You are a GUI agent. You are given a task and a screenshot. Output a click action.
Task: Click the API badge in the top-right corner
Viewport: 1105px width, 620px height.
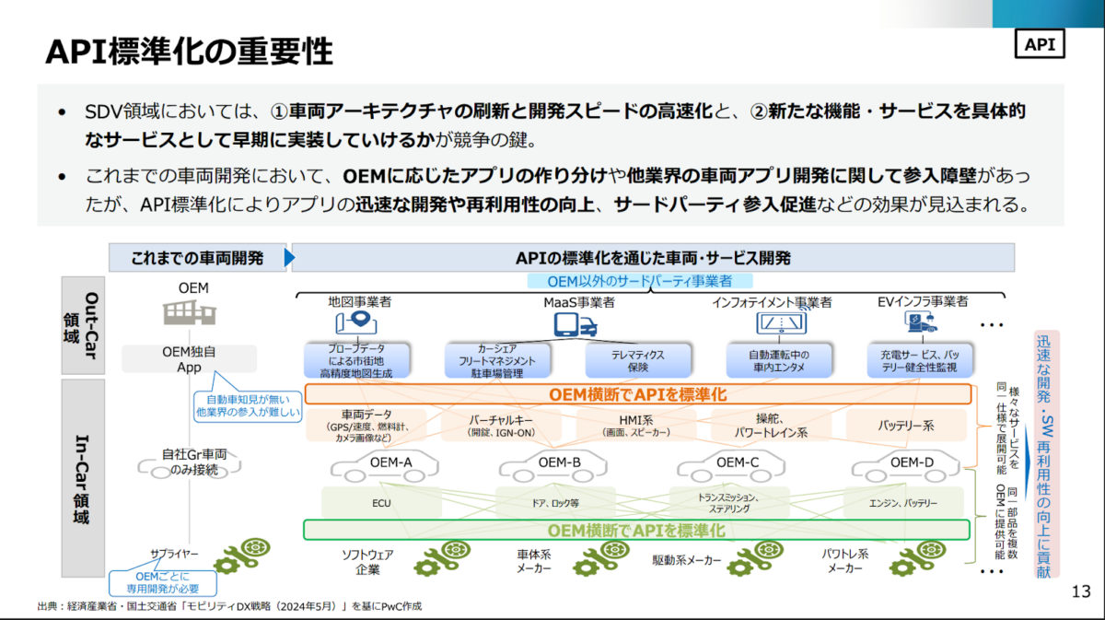tap(1039, 43)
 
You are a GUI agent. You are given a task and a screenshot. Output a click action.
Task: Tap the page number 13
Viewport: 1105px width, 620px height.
tap(1080, 591)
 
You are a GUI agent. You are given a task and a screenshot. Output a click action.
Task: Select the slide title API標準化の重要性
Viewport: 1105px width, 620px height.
tap(189, 52)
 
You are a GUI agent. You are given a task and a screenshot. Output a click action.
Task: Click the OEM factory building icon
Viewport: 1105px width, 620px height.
tap(192, 313)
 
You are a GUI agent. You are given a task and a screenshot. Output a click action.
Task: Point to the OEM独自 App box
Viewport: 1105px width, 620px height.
tap(189, 358)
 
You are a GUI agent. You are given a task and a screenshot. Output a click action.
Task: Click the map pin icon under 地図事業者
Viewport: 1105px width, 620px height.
tap(358, 322)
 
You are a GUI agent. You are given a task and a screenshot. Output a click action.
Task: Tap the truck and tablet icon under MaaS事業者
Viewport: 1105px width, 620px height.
tap(575, 323)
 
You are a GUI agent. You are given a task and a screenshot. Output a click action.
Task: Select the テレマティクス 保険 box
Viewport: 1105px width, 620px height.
tap(637, 360)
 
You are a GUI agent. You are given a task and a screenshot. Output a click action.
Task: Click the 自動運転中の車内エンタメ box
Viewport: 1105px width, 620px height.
tap(778, 360)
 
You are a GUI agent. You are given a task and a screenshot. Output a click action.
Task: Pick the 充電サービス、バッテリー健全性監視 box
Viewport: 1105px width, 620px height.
tap(922, 360)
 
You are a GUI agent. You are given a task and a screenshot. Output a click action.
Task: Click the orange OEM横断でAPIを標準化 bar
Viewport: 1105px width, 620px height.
tap(637, 394)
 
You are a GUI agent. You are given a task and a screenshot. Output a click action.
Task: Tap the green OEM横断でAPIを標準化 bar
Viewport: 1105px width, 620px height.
tap(636, 530)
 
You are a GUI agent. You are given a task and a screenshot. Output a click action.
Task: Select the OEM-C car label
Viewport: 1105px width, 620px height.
tap(738, 462)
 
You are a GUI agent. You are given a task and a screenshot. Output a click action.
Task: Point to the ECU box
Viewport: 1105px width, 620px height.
tap(381, 503)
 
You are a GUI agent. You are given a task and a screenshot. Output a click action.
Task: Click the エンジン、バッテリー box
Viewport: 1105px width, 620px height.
tap(903, 503)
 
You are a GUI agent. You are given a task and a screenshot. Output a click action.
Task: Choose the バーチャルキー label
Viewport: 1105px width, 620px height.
tap(501, 420)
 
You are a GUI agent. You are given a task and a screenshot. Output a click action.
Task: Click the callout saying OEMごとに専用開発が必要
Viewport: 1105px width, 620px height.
tap(162, 581)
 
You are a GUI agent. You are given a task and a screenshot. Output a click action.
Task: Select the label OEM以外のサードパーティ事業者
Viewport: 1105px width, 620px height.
tap(640, 281)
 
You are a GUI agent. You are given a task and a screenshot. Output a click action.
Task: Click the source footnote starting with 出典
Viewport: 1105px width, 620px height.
tap(230, 606)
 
